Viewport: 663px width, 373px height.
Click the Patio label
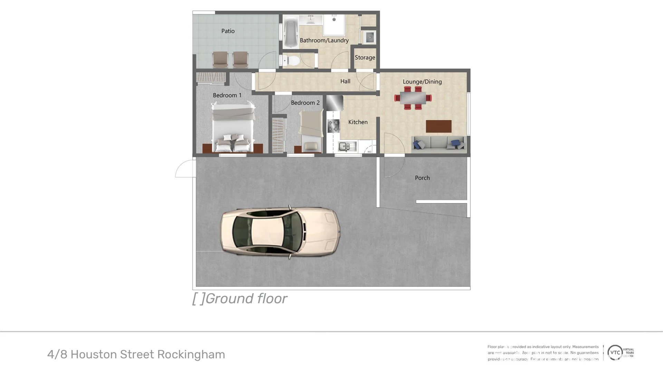(228, 31)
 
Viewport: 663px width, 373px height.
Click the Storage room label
(365, 58)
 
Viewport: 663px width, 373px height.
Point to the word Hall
(345, 82)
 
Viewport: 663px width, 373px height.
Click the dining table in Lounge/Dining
(413, 98)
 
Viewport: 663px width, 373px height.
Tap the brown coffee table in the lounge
(439, 126)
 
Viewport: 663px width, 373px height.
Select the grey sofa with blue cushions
(439, 143)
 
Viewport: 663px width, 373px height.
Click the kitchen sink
(347, 146)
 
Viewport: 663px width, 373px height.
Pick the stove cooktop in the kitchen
(334, 126)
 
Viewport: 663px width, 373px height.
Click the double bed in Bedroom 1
(233, 128)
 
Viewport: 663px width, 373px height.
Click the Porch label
(422, 178)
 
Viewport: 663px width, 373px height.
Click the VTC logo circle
(615, 353)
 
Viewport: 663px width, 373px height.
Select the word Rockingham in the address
(191, 354)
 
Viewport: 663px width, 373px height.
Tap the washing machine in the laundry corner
(369, 37)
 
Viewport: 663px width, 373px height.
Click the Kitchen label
(358, 122)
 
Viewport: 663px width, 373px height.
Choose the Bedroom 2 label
(305, 103)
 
